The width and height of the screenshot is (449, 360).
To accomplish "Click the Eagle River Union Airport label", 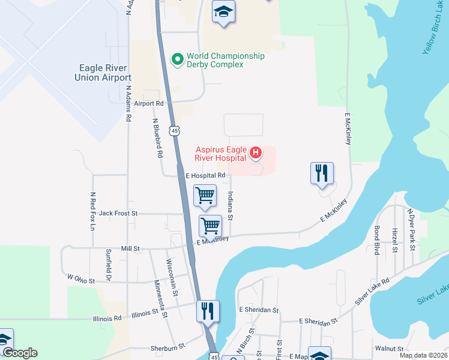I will point(103,73).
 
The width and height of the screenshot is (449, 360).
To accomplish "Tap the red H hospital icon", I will point(256,153).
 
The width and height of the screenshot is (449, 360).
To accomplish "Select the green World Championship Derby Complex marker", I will point(177,59).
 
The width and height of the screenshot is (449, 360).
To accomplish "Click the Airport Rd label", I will point(149,103).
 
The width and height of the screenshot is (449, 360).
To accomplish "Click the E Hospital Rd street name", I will point(205,175).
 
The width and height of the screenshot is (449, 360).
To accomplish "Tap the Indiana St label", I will point(231,205).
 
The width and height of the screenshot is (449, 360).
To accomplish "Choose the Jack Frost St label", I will point(118,213).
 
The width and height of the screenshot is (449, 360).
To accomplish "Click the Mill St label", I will point(130,248).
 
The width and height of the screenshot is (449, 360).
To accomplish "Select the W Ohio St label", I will point(82,279).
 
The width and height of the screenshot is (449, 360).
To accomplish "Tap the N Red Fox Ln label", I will point(93,211).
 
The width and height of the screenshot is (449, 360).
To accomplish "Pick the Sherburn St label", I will point(166,348).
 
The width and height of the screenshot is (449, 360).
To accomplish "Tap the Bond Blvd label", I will point(377,240).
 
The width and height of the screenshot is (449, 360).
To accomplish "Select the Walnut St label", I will point(389,349).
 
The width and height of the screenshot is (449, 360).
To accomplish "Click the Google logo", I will point(19,353).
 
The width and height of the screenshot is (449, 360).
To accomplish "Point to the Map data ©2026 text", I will point(424,355).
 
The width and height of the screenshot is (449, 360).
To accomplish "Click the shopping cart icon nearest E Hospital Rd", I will point(205,195).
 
